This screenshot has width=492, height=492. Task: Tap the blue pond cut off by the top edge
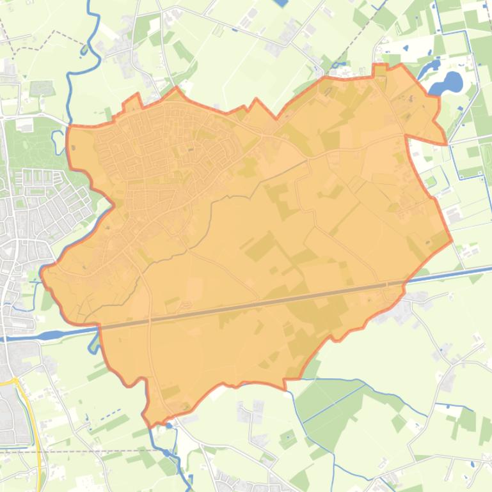point(280,3)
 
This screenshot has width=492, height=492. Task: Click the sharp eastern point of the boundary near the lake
point(446,143)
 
